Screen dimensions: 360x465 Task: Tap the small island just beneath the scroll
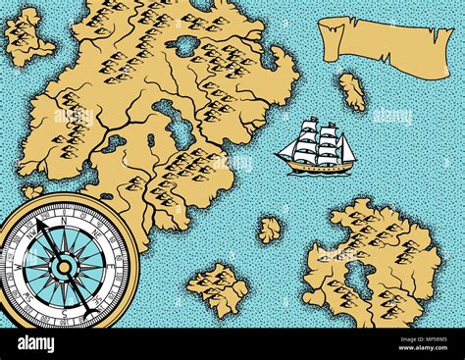[351, 91]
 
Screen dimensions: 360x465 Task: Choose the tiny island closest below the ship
[269, 230]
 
